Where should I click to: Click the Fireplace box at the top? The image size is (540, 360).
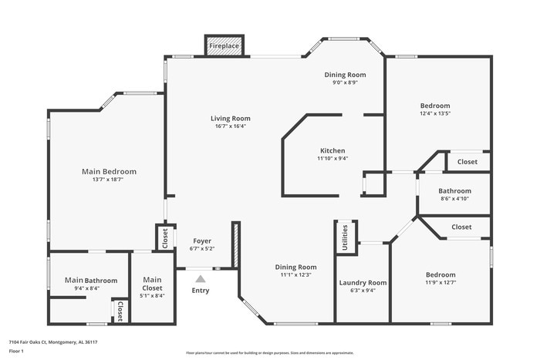224,46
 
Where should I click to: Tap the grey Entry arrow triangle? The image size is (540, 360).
201,278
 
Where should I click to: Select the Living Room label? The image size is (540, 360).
231,119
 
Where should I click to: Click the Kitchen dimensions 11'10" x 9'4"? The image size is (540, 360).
332,159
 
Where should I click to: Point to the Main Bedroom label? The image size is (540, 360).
109,171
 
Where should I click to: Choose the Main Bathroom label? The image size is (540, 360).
91,280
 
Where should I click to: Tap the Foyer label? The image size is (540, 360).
201,241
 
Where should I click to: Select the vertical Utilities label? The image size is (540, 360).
345,237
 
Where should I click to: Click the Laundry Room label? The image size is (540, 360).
363,283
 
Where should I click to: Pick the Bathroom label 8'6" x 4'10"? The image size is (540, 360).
454,190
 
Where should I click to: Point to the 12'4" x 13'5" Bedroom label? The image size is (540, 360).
435,106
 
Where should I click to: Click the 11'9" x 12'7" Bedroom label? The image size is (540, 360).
440,274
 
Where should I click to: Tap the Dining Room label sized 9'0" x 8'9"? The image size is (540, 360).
344,75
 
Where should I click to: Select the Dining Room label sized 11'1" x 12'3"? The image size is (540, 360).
296,267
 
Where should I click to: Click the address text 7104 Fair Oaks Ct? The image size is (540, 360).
53,341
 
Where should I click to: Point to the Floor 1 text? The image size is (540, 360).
17,352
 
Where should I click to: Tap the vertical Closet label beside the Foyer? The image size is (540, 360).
164,237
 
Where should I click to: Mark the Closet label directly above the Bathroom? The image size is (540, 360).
467,162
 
